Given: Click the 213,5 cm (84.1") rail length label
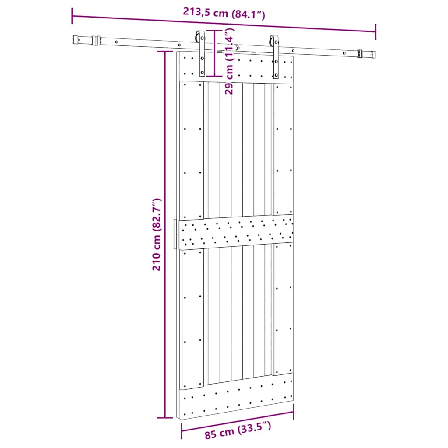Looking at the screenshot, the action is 224,13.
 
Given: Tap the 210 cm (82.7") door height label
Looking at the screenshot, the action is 157,234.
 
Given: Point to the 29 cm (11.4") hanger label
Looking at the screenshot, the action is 229,61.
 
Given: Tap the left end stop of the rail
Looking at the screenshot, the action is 77,40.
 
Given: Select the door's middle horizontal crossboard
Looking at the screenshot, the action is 236,232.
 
